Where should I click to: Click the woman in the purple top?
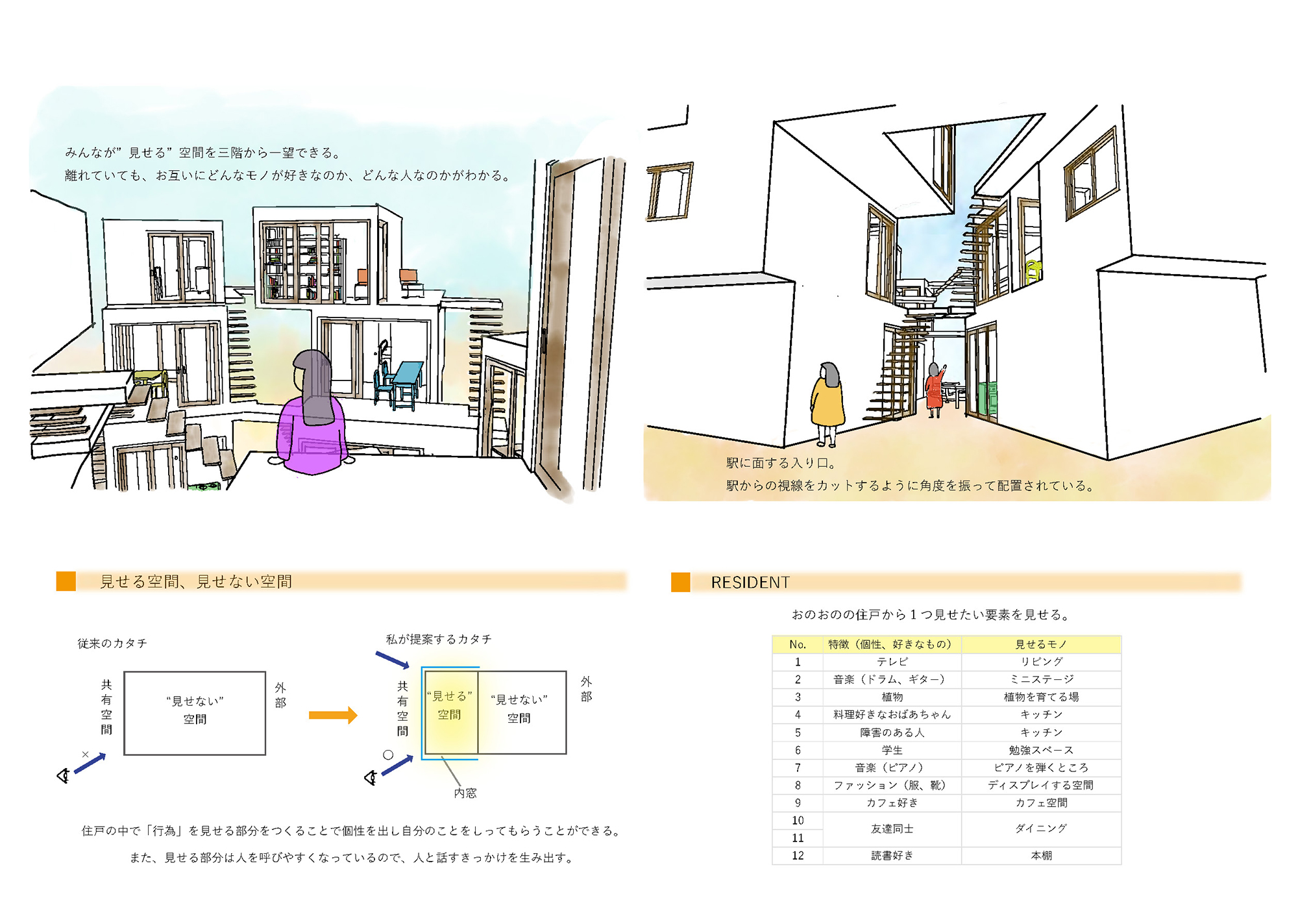coord(312,416)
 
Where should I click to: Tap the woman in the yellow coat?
coord(827,403)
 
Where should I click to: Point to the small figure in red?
coord(935,390)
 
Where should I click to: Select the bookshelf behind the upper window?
coord(302,263)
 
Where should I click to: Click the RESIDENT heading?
coord(750,582)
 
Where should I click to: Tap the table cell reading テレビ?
coord(892,662)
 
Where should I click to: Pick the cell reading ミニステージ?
coord(1041,679)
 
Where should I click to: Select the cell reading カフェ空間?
coord(1041,803)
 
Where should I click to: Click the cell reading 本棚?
coord(1041,856)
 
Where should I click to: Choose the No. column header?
coord(798,644)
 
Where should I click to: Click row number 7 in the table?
coord(798,768)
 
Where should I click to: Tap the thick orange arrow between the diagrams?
coord(333,715)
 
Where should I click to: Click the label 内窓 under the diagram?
coord(465,793)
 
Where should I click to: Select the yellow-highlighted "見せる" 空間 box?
coord(450,712)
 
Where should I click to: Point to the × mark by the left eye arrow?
coord(85,754)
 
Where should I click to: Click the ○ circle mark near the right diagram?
coord(388,755)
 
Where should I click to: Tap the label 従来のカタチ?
coord(112,643)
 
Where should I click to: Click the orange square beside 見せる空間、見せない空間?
coord(66,581)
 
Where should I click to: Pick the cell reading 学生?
coord(892,750)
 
